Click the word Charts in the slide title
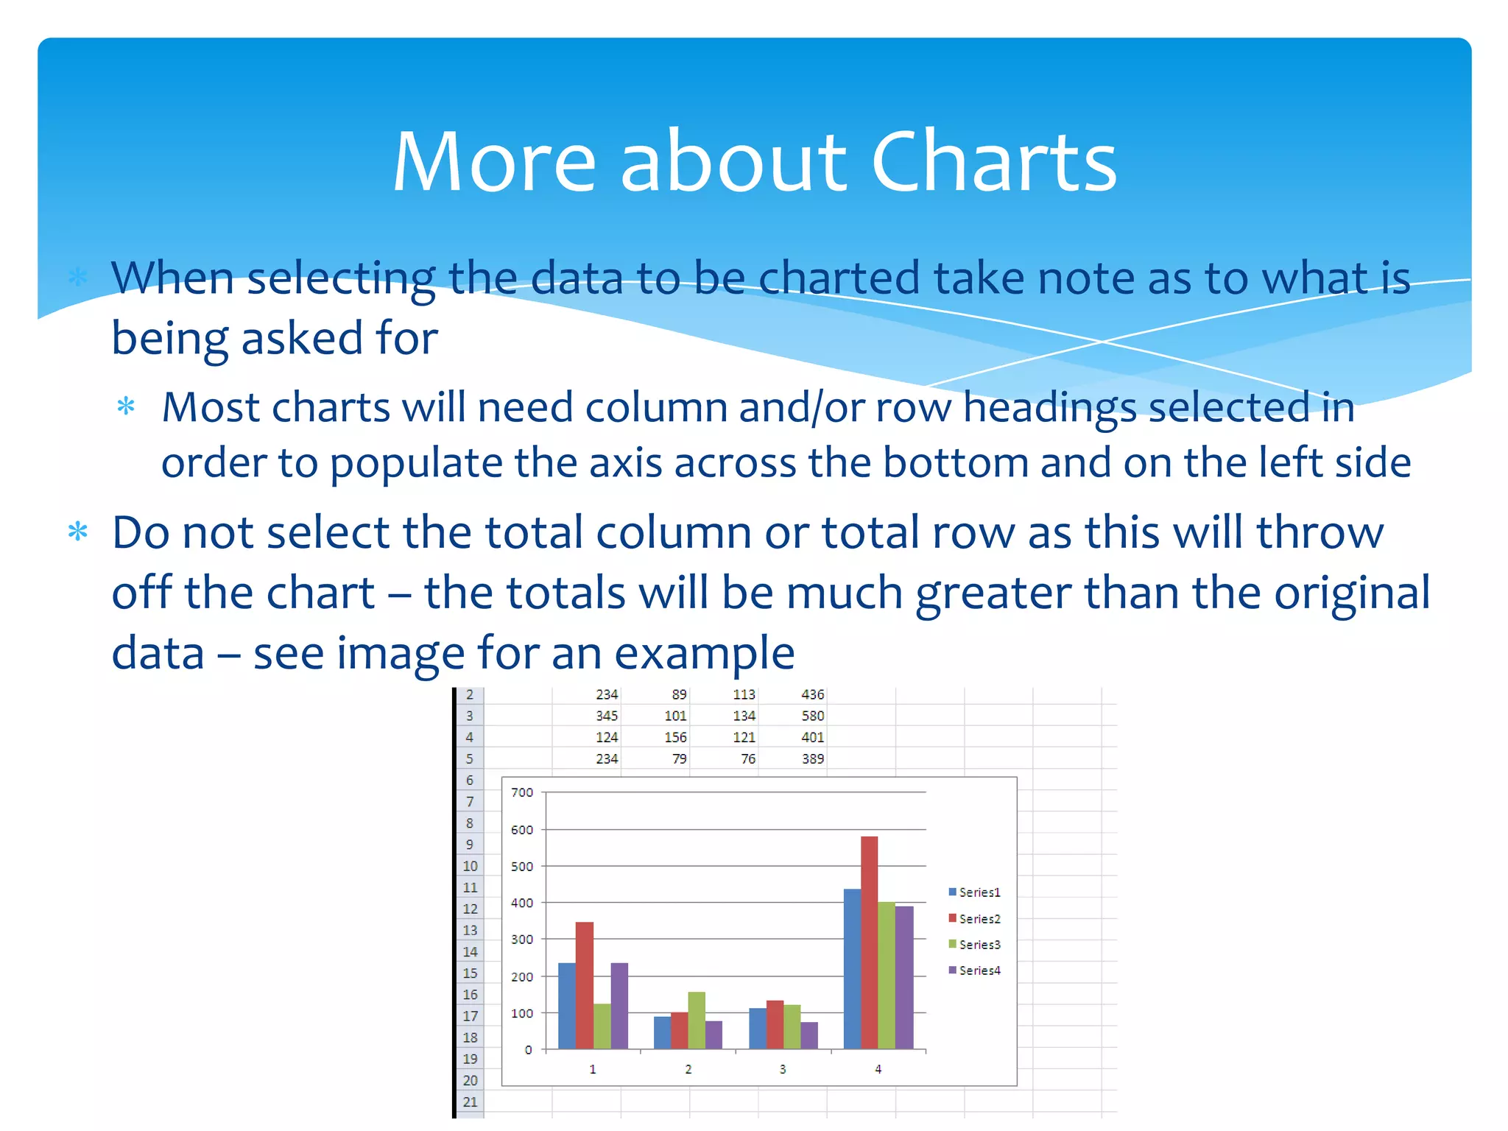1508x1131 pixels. point(993,162)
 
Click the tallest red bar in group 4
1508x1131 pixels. point(869,942)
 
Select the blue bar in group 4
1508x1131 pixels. point(852,968)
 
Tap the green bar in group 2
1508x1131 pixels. point(697,1020)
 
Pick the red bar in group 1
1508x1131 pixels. point(585,985)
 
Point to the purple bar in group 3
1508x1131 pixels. point(809,1035)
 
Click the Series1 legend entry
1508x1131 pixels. point(975,892)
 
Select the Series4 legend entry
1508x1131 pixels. point(975,970)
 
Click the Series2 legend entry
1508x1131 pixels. point(975,919)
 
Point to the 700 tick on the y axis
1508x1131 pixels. point(522,792)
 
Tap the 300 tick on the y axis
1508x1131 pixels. point(522,940)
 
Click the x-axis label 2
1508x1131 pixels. point(688,1069)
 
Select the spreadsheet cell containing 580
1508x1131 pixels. point(813,716)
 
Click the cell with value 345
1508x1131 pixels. point(607,716)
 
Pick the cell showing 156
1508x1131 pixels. point(675,737)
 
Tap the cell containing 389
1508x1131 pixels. point(813,758)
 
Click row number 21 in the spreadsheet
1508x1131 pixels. point(470,1102)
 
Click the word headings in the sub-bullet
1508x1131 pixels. point(1051,408)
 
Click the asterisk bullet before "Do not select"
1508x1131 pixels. point(78,532)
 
